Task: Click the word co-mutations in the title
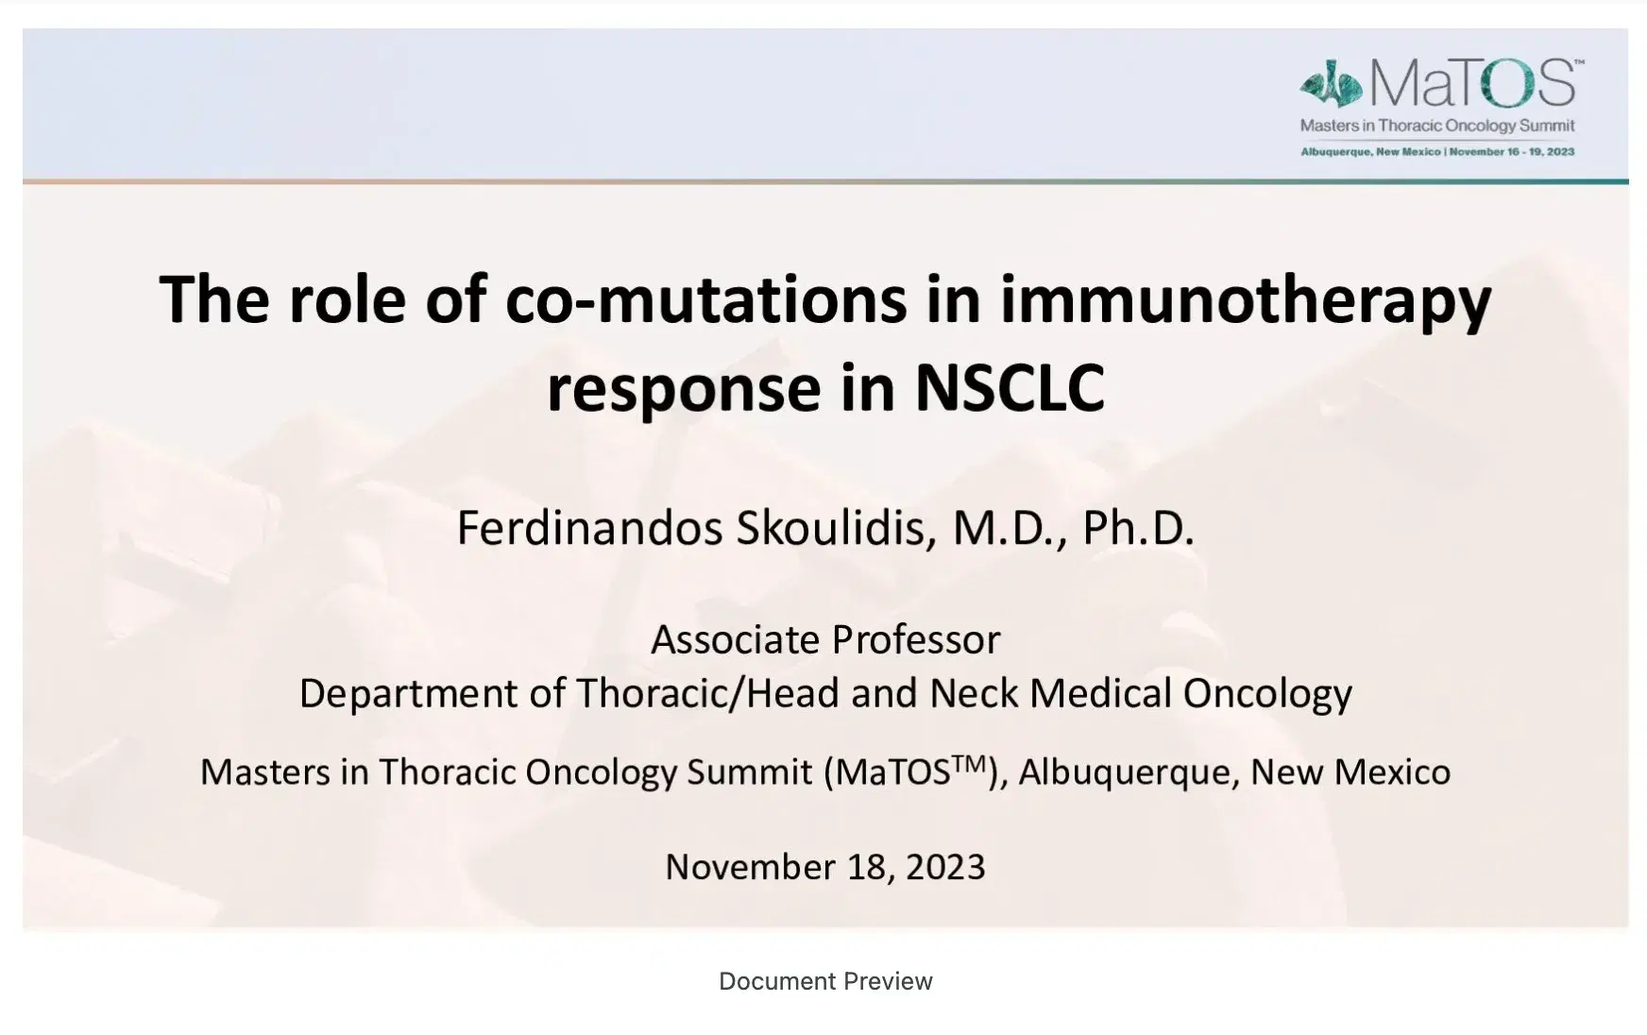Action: pyautogui.click(x=705, y=299)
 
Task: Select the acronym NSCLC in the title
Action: pyautogui.click(x=1010, y=388)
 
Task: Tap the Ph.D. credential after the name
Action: pyautogui.click(x=1138, y=528)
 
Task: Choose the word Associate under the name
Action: pyautogui.click(x=721, y=640)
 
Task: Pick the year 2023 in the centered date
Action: pyautogui.click(x=945, y=867)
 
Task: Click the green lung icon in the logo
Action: pyautogui.click(x=1331, y=87)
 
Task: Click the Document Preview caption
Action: pyautogui.click(x=825, y=981)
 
